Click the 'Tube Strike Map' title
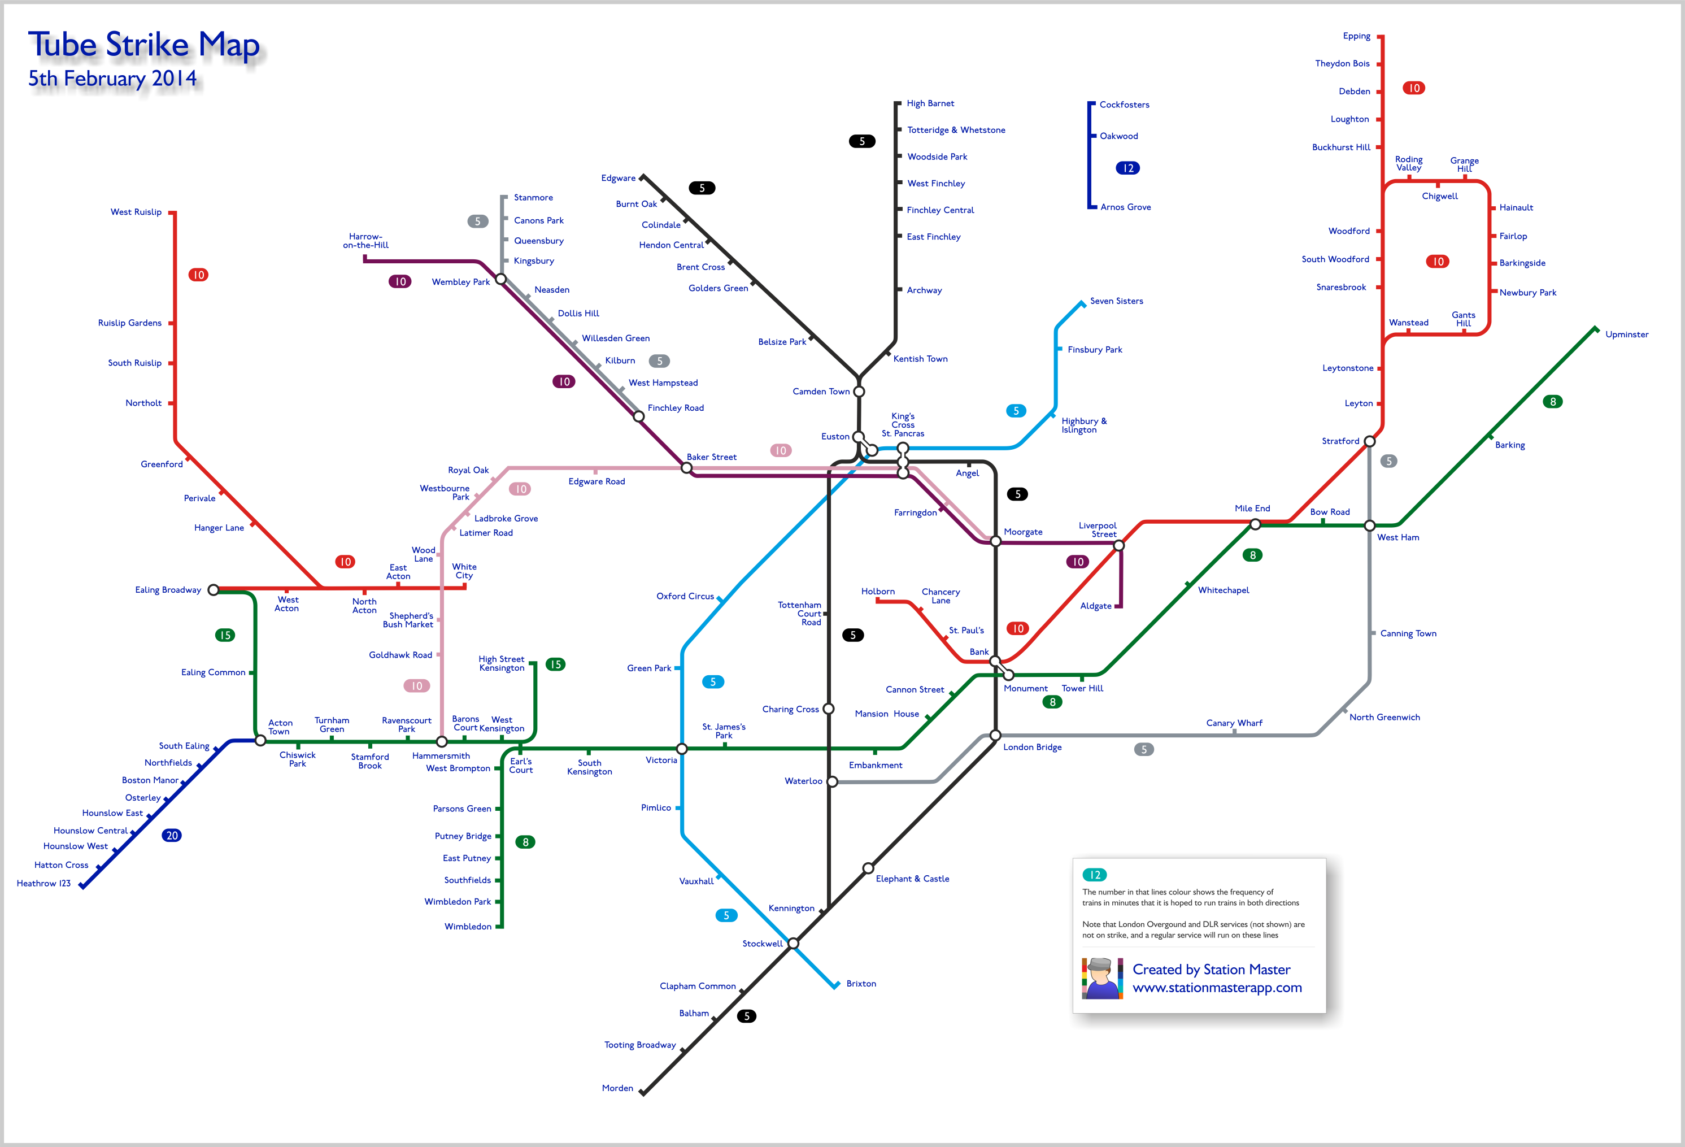click(x=143, y=45)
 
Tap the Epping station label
click(x=1357, y=36)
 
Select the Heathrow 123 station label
click(x=43, y=883)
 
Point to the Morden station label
click(x=617, y=1088)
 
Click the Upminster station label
click(x=1627, y=334)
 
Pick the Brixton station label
click(x=861, y=984)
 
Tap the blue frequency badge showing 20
click(x=172, y=835)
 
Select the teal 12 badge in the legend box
click(x=1095, y=875)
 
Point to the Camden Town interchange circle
click(x=859, y=392)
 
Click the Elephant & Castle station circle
click(x=868, y=868)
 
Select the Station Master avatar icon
click(x=1102, y=978)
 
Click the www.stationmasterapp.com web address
click(x=1217, y=988)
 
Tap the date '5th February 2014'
click(x=112, y=79)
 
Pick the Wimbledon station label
click(x=468, y=927)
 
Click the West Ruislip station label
click(x=136, y=212)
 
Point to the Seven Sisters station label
click(x=1117, y=301)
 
